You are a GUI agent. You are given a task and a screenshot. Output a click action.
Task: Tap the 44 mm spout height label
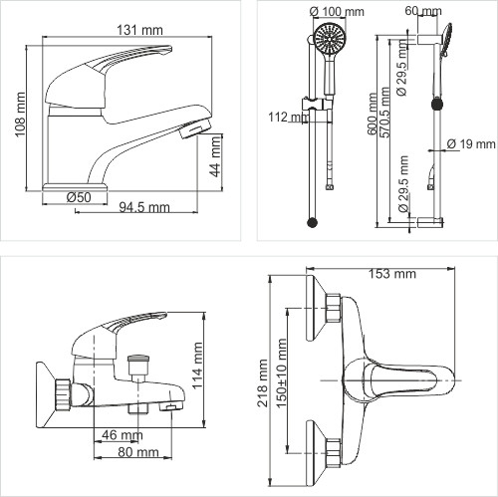coord(216,154)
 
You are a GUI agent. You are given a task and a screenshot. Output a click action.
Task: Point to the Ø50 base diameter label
coord(79,196)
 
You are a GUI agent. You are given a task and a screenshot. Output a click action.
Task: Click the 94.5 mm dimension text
coord(143,208)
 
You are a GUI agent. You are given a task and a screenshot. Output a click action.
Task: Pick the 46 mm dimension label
coord(121,435)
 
